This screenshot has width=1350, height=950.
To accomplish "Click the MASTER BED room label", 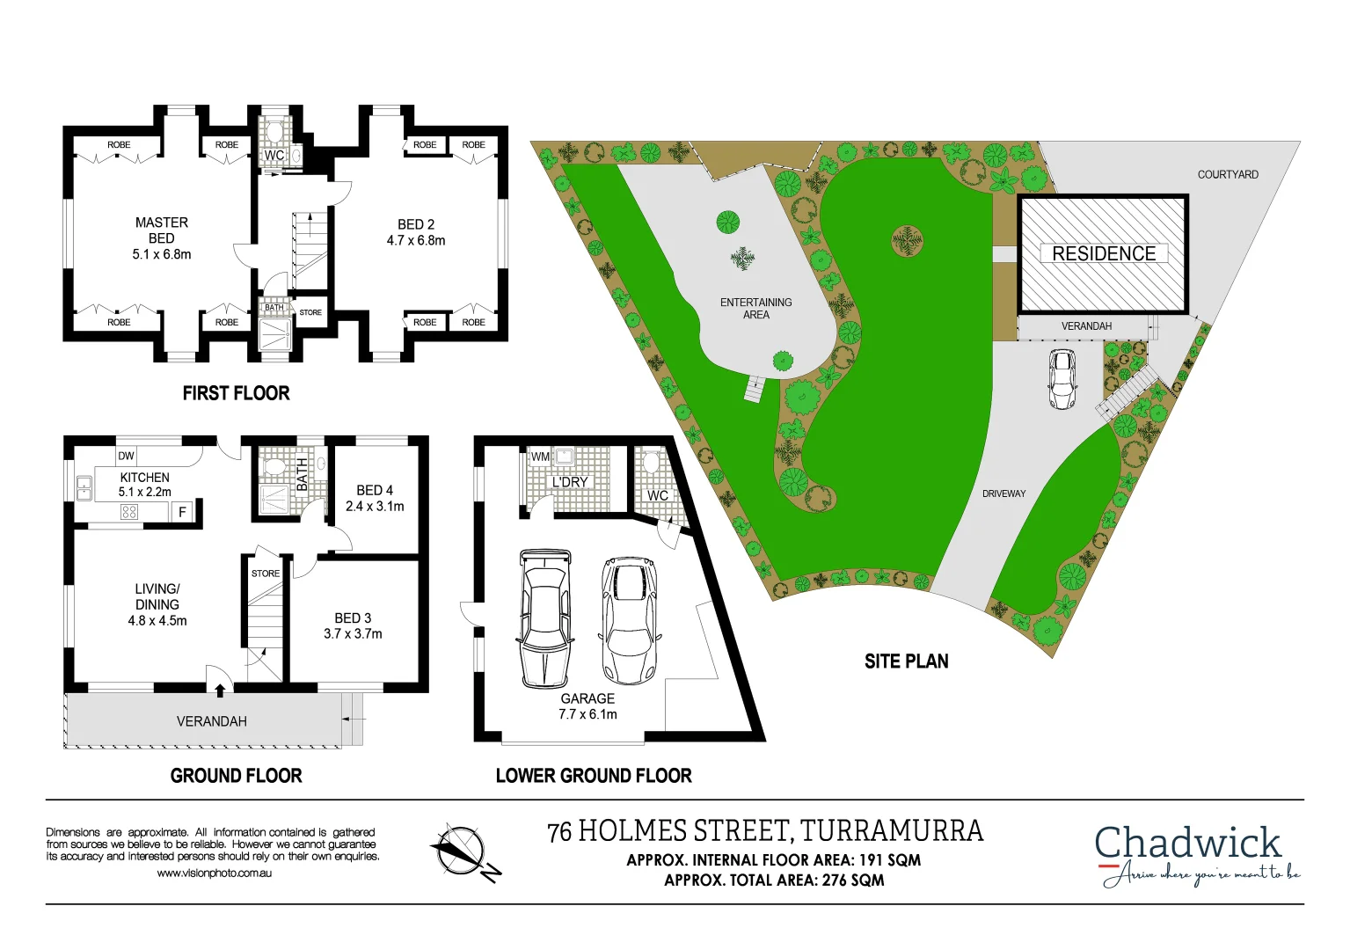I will [x=162, y=230].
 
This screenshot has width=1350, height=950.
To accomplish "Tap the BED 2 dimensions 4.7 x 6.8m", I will [x=416, y=240].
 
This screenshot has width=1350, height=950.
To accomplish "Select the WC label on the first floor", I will [x=274, y=156].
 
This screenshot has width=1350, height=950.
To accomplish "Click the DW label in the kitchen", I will [x=127, y=456].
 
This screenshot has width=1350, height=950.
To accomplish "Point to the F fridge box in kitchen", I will [x=183, y=512].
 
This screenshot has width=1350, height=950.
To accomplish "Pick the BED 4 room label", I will [x=375, y=490].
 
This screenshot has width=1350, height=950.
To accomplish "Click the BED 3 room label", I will [x=353, y=618].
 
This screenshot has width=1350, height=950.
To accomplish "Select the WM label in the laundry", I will [x=540, y=457].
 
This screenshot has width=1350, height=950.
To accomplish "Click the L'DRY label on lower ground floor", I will [x=570, y=482].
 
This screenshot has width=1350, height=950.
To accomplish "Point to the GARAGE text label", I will [x=587, y=698].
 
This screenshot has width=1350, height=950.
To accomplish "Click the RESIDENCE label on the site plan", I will [x=1104, y=253].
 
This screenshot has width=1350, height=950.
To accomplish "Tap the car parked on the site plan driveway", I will [x=1062, y=379].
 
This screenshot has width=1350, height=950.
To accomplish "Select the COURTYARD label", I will [x=1228, y=174].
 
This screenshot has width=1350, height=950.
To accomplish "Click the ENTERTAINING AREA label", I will [x=755, y=308].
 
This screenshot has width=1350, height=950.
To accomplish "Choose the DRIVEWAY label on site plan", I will [x=1003, y=493].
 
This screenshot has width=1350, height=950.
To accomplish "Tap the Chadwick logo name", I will [x=1187, y=843].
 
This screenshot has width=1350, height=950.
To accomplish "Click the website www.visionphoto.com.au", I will [x=215, y=873].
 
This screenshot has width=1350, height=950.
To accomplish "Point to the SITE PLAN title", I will [x=906, y=661].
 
